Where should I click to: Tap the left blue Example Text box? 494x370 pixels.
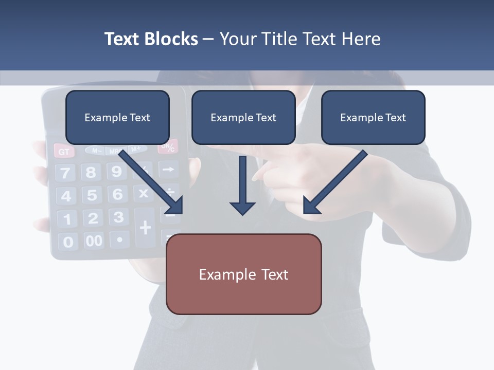[x=117, y=117]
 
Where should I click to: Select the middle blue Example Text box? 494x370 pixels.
[x=243, y=117]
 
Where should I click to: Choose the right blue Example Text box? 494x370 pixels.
[x=373, y=117]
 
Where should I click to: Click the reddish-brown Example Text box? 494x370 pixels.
[x=243, y=274]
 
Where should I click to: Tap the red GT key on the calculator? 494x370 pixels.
[x=64, y=152]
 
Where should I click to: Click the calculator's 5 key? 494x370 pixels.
[x=92, y=195]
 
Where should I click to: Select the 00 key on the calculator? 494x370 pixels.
[x=94, y=240]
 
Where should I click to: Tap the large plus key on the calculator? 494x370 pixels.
[x=146, y=227]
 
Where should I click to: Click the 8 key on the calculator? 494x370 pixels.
[x=91, y=172]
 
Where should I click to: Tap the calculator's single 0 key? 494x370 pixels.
[x=68, y=242]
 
